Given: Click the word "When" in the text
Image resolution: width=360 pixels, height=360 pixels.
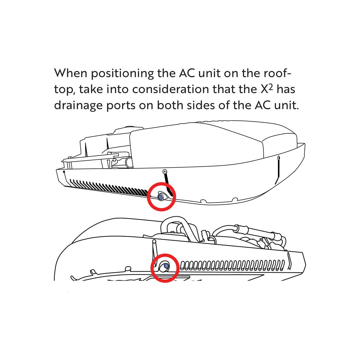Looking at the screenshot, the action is point(71,73).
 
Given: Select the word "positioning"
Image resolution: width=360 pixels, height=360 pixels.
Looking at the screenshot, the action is point(123,74).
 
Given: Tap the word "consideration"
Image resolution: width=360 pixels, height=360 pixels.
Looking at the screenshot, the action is point(171,89).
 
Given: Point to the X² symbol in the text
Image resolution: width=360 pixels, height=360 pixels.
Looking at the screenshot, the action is point(267,89).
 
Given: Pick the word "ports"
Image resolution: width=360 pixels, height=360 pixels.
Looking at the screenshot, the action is point(121,106).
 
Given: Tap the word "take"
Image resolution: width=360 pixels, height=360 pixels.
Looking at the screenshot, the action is point(91,89).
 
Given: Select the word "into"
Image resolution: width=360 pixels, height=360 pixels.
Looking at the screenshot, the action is point(117,89).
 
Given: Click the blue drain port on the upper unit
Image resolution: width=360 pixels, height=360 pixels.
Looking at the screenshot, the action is point(160,197).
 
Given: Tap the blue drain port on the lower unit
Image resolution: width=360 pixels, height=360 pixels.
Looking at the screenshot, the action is point(166,266).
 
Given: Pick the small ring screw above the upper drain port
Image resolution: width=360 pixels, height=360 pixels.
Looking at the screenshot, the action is point(165,172).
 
